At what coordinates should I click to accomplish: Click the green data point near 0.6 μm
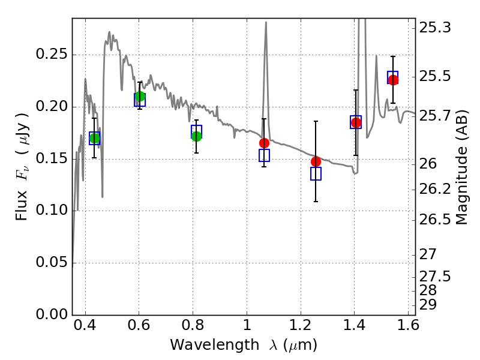[140, 97]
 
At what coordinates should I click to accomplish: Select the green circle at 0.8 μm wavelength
[196, 136]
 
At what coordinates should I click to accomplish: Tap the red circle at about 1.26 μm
[316, 161]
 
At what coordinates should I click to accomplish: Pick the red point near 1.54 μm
[393, 80]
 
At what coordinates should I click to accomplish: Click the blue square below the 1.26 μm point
[316, 174]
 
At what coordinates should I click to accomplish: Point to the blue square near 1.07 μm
[264, 155]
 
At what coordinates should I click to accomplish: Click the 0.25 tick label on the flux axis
[52, 55]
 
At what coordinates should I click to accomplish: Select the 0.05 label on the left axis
[52, 263]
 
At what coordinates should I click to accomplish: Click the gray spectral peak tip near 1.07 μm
[265, 22]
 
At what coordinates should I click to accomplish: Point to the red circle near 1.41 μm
[356, 122]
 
